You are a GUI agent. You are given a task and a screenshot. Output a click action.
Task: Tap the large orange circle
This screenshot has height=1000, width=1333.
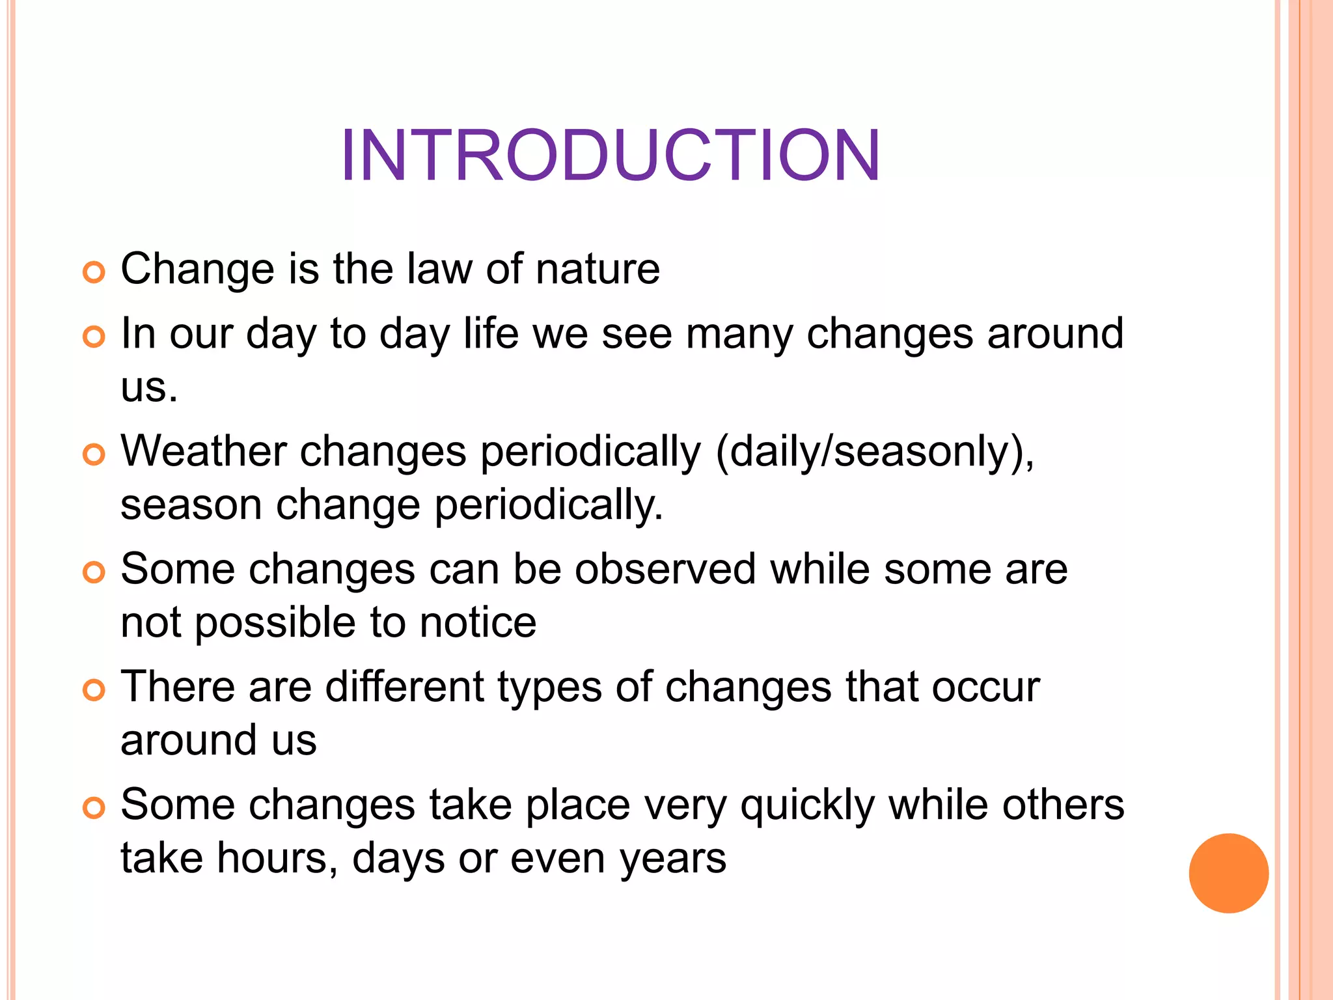click(1228, 873)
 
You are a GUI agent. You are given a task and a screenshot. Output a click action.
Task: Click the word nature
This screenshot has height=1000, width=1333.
click(597, 269)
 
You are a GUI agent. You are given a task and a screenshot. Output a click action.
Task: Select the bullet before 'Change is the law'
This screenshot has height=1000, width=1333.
click(94, 272)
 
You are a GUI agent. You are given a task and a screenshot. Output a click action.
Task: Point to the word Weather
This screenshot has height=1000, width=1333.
click(204, 451)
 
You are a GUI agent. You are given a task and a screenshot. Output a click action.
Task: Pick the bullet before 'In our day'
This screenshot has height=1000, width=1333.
click(94, 337)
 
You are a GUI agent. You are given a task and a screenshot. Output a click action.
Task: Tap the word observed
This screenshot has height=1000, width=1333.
click(665, 569)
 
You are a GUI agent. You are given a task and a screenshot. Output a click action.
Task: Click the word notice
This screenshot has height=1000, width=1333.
click(478, 622)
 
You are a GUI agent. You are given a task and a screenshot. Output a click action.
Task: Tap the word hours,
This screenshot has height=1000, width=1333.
click(277, 858)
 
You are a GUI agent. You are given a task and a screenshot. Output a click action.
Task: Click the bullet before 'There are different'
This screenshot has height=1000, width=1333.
click(94, 690)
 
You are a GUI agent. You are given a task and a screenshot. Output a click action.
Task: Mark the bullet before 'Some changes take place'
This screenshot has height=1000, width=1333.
click(94, 808)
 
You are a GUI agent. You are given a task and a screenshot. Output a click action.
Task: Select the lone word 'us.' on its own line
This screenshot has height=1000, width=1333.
click(149, 387)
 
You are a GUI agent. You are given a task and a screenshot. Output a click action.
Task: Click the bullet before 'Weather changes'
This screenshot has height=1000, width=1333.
click(94, 454)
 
